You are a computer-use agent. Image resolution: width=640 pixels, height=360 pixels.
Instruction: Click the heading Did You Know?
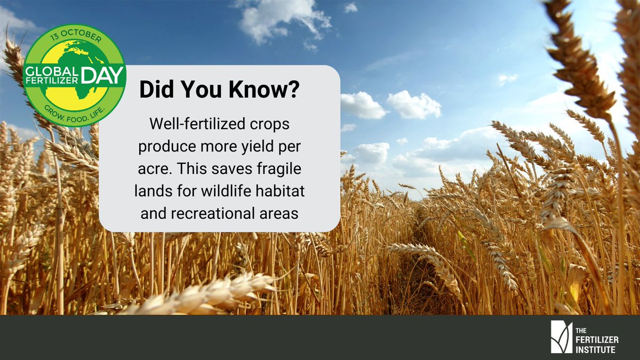(x=219, y=90)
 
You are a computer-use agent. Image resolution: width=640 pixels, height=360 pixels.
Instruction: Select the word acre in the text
(x=152, y=170)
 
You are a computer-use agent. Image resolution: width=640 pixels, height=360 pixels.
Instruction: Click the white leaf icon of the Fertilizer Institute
(x=561, y=337)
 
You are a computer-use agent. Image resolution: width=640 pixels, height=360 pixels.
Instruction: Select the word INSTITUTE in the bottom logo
(x=595, y=349)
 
